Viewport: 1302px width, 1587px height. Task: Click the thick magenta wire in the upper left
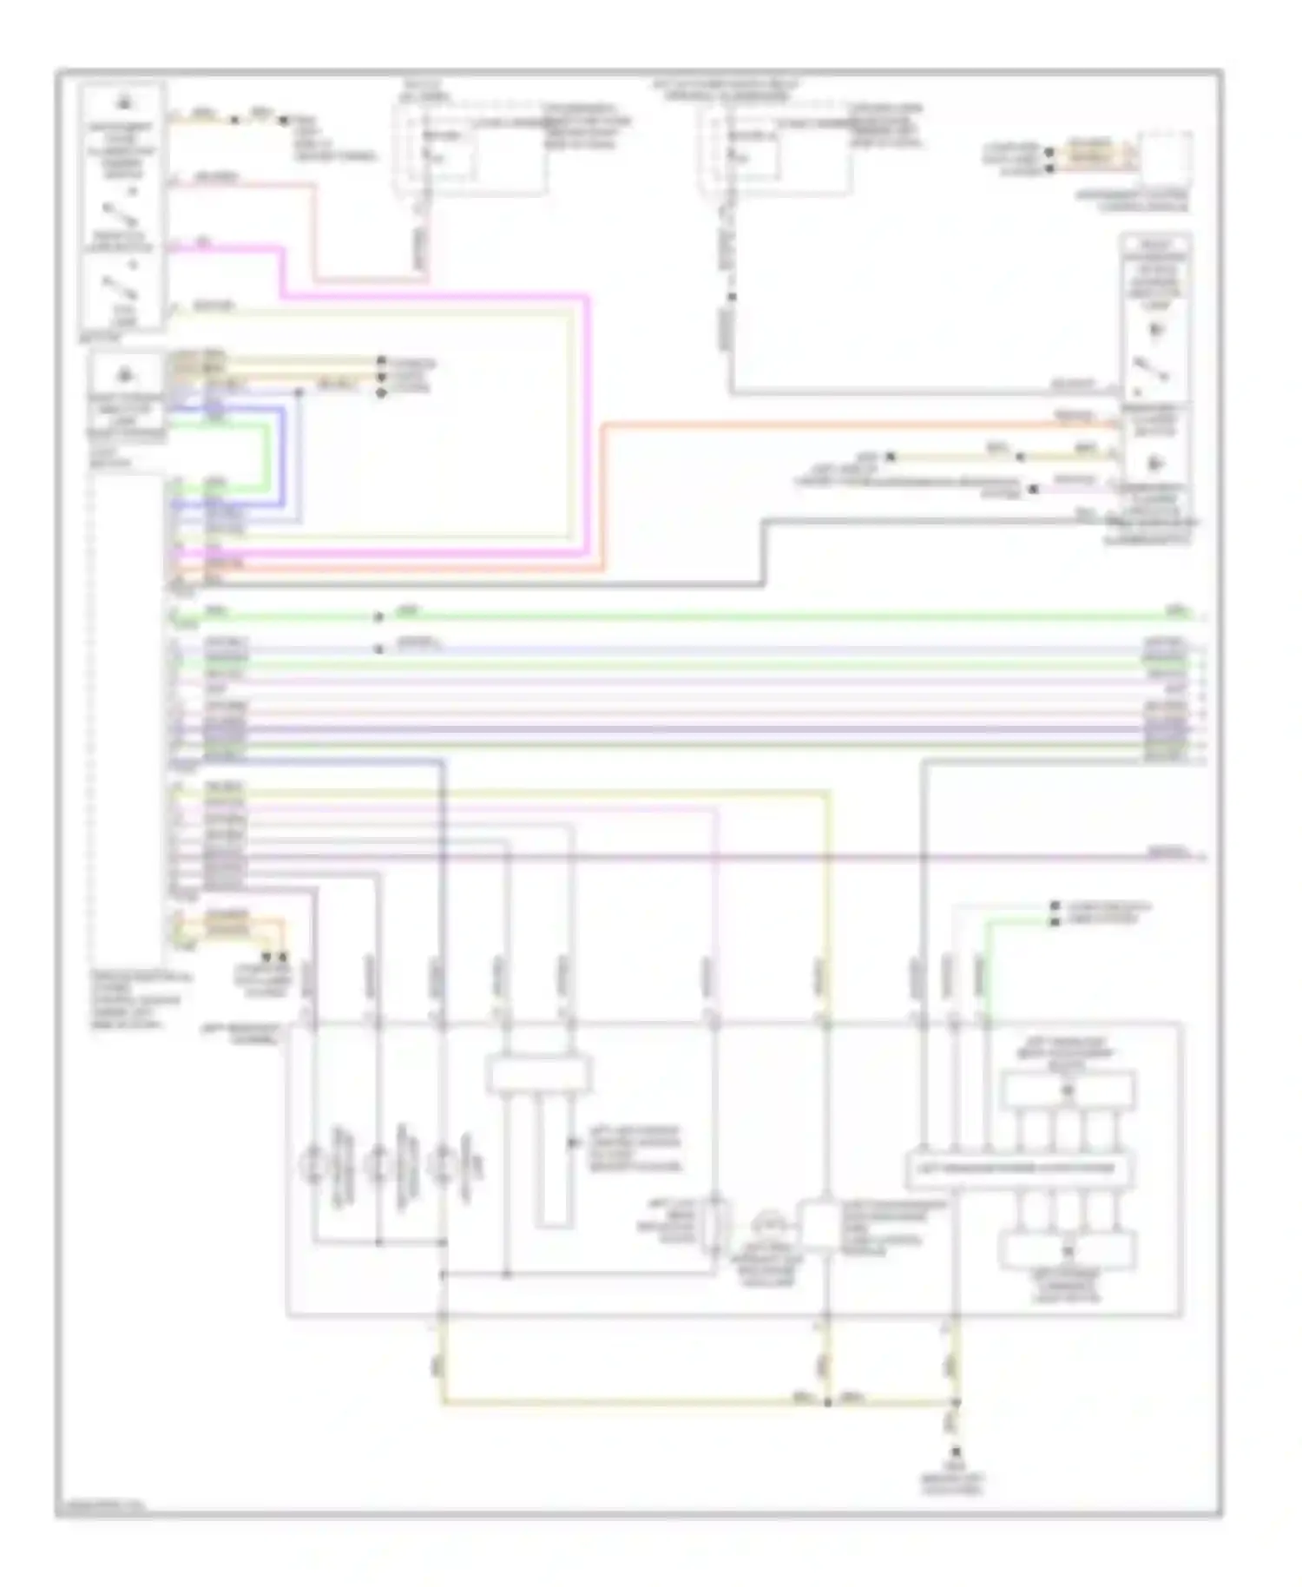point(434,297)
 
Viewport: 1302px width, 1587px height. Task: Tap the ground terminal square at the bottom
point(957,1452)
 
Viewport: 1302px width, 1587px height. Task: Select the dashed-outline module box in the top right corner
point(1166,159)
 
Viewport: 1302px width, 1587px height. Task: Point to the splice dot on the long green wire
point(378,617)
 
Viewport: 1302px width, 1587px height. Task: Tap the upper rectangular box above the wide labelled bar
point(1067,1091)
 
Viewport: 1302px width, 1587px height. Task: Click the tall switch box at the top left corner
point(122,205)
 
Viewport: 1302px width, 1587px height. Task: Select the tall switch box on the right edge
point(1156,382)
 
